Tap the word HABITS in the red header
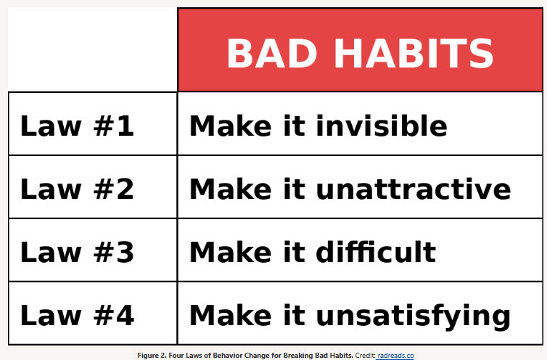414,54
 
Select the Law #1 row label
77,126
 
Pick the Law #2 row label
77,189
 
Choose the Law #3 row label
77,253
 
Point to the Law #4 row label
77,316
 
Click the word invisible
382,126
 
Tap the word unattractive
414,189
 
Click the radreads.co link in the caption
395,355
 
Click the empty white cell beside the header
93,49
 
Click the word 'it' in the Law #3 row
292,253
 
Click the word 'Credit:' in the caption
366,355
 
